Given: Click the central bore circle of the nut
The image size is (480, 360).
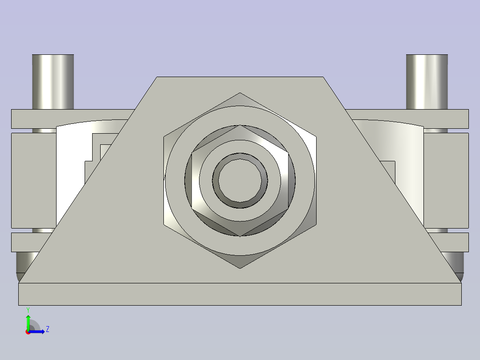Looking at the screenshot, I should [240, 180].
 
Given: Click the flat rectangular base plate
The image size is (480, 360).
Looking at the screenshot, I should [240, 294].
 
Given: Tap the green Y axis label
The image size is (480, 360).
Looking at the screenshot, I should [28, 310].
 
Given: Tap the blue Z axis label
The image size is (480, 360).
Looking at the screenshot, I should [47, 330].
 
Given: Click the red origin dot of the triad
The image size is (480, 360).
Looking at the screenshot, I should [28, 332].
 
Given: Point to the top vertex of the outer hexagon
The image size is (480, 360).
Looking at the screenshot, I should [240, 93].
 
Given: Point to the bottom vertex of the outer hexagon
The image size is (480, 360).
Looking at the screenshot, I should [240, 268].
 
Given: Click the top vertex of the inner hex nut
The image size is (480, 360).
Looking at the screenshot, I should [240, 125].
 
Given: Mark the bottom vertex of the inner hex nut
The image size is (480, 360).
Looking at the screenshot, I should [240, 236].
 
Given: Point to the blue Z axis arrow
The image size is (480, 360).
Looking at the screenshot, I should [39, 331].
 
